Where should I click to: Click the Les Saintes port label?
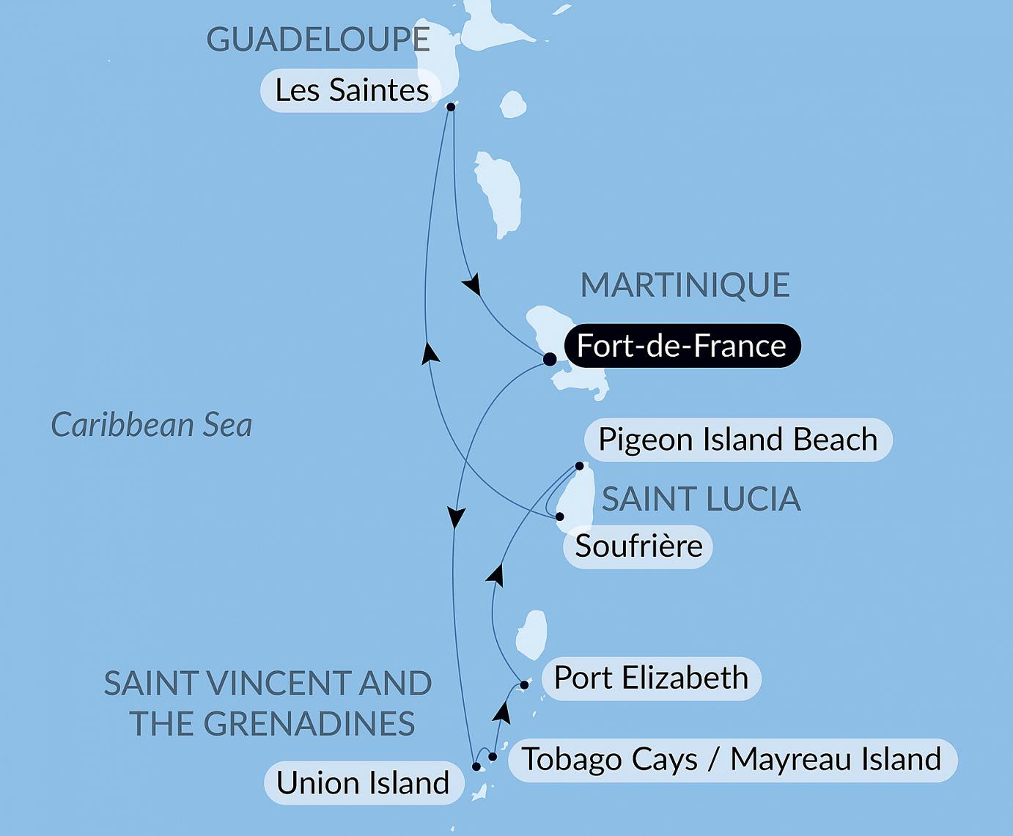click(x=350, y=91)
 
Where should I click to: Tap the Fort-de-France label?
click(x=681, y=346)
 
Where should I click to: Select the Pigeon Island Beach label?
click(x=737, y=440)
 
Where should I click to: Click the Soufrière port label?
click(x=638, y=547)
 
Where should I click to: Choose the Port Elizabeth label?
click(x=651, y=678)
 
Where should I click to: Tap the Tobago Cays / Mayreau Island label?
click(x=732, y=760)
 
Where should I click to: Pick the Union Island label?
click(x=363, y=783)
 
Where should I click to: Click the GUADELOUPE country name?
click(x=317, y=40)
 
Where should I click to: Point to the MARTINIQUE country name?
click(x=685, y=285)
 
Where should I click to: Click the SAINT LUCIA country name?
click(x=701, y=500)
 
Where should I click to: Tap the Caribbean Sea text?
click(x=152, y=425)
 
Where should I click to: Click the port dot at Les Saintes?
click(x=451, y=107)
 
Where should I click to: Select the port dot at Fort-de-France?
click(x=549, y=360)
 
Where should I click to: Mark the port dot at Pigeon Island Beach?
click(x=579, y=466)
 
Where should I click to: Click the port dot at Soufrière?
click(x=560, y=517)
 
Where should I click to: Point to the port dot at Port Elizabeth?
click(x=524, y=686)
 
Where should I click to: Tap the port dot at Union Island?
click(x=476, y=767)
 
